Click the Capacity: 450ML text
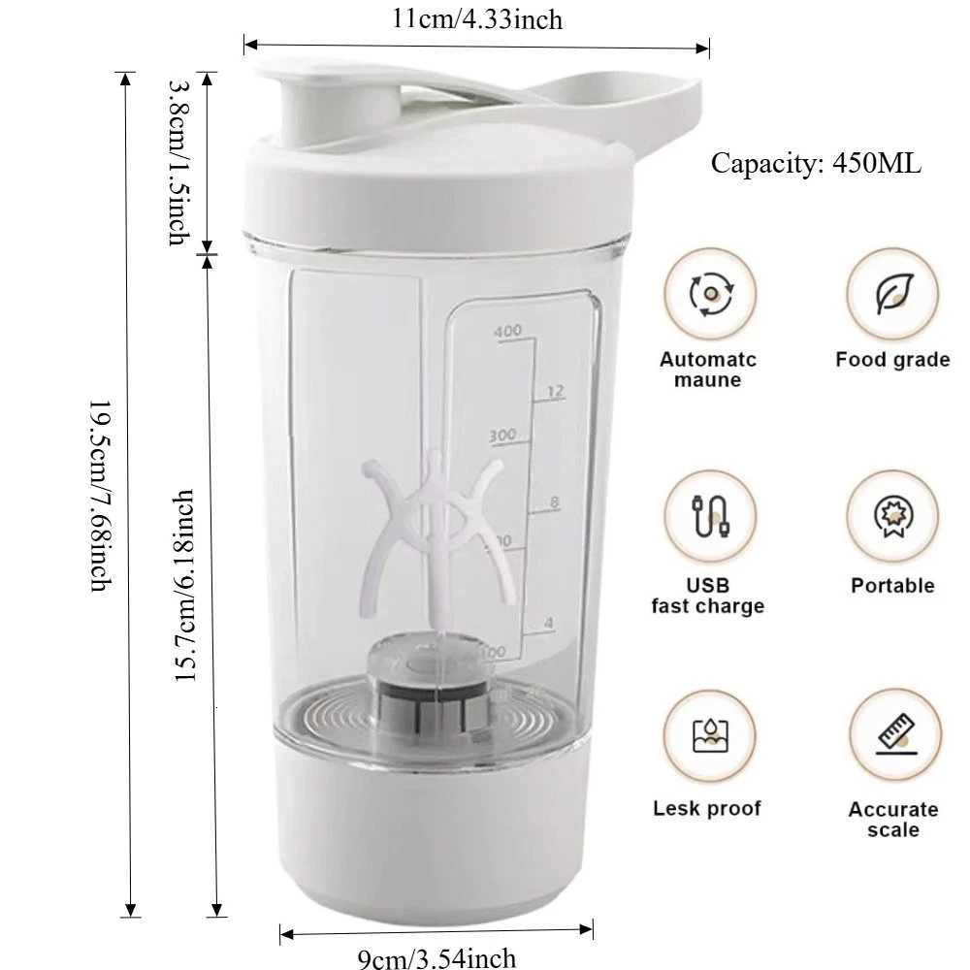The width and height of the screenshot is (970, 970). click(x=816, y=164)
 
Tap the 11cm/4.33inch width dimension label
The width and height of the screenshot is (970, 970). click(x=476, y=18)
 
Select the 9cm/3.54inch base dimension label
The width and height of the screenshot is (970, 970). click(x=436, y=958)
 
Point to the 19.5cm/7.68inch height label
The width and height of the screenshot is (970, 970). click(x=101, y=495)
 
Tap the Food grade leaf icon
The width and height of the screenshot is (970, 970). click(x=892, y=294)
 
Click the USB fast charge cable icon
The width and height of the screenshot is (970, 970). click(x=710, y=516)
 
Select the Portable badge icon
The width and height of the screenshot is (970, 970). click(x=892, y=516)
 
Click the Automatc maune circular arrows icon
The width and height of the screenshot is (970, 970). click(x=710, y=294)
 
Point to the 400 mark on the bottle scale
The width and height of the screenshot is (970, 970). click(x=507, y=332)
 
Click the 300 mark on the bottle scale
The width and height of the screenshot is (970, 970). click(x=502, y=436)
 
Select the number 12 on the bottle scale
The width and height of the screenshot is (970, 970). click(x=554, y=392)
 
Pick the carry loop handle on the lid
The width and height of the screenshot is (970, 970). click(x=621, y=107)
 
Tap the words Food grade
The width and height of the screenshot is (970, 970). click(x=892, y=360)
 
